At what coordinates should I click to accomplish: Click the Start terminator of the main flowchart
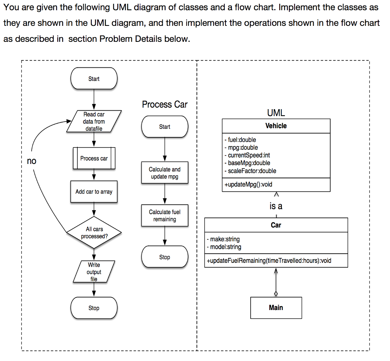pyautogui.click(x=94, y=79)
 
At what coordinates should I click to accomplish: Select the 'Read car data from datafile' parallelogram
pyautogui.click(x=94, y=121)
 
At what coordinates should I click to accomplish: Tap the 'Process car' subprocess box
pyautogui.click(x=94, y=158)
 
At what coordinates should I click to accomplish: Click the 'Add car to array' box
pyautogui.click(x=94, y=192)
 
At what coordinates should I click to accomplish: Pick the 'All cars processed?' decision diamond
pyautogui.click(x=94, y=232)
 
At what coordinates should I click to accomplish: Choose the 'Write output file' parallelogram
pyautogui.click(x=94, y=272)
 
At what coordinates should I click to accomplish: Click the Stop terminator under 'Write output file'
pyautogui.click(x=94, y=308)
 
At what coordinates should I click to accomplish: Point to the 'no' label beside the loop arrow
pyautogui.click(x=32, y=161)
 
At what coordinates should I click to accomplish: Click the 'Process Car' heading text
pyautogui.click(x=165, y=104)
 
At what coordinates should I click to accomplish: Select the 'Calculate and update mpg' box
pyautogui.click(x=165, y=173)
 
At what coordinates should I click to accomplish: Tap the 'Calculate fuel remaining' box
pyautogui.click(x=165, y=215)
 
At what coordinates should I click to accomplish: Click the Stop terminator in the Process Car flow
pyautogui.click(x=165, y=257)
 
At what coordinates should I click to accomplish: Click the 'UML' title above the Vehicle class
pyautogui.click(x=276, y=113)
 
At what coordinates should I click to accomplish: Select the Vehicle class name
pyautogui.click(x=276, y=126)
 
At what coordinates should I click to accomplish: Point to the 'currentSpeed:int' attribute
pyautogui.click(x=249, y=155)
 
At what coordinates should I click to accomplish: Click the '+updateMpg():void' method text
pyautogui.click(x=248, y=184)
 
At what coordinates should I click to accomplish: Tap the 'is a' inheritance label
pyautogui.click(x=276, y=206)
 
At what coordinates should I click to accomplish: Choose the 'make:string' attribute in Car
pyautogui.click(x=223, y=239)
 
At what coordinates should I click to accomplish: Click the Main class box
pyautogui.click(x=276, y=308)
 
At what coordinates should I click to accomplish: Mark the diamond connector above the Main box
pyautogui.click(x=276, y=294)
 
